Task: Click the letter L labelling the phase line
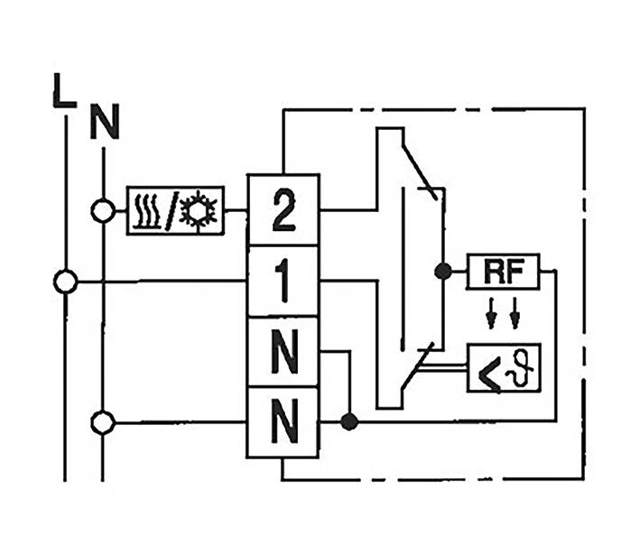[x=63, y=93]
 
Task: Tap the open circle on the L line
[x=65, y=282]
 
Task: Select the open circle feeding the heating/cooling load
[x=104, y=211]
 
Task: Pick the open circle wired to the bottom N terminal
[x=104, y=421]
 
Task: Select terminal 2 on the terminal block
[x=283, y=210]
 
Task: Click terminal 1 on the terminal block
[x=283, y=282]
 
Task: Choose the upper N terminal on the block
[x=283, y=352]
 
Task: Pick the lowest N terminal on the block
[x=283, y=421]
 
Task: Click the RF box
[x=503, y=271]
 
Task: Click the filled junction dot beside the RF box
[x=442, y=271]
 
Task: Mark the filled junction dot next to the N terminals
[x=349, y=421]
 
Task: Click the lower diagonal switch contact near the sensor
[x=420, y=365]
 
